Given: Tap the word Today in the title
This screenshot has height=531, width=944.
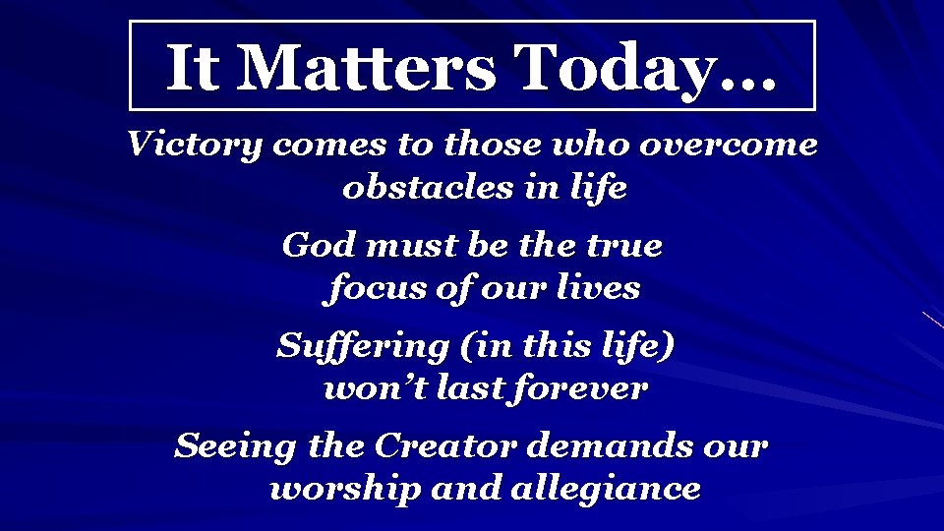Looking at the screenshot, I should click(606, 69).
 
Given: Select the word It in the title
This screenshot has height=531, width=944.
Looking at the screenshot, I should click(192, 67).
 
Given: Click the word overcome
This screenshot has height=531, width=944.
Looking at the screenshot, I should click(729, 146).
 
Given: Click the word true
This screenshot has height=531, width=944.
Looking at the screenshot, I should click(625, 245).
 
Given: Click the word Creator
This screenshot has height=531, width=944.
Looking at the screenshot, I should click(447, 446).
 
